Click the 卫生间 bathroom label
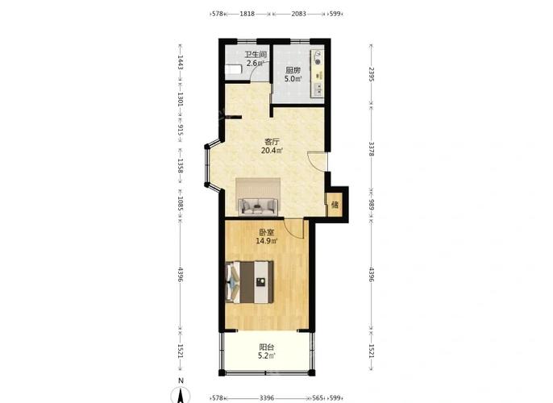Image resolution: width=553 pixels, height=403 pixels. (x=256, y=55)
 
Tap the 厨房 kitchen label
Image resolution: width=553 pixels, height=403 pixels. (x=293, y=70)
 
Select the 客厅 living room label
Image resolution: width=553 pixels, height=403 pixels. (x=272, y=142)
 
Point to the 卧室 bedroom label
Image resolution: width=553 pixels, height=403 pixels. (x=267, y=232)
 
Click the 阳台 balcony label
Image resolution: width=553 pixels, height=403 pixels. (x=267, y=347)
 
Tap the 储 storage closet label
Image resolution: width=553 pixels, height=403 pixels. (x=335, y=205)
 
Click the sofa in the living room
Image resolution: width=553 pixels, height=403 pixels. (x=258, y=206)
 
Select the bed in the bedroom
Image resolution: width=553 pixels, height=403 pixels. (x=250, y=282)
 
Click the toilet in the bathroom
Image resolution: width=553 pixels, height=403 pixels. (x=233, y=69)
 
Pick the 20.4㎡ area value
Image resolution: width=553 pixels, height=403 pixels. (x=272, y=151)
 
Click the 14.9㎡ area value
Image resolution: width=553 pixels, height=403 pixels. (x=267, y=241)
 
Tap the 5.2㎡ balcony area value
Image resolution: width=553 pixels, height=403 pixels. (x=267, y=356)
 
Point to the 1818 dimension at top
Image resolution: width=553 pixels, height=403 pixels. (x=247, y=14)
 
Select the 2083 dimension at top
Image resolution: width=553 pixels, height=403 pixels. (x=299, y=14)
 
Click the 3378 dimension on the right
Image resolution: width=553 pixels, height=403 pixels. (x=372, y=149)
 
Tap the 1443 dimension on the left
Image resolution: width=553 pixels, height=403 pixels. (x=181, y=62)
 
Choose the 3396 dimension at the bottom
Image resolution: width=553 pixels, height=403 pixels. (x=267, y=398)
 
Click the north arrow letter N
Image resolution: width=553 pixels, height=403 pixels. (x=181, y=380)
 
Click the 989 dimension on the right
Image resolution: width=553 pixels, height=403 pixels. (x=372, y=205)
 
